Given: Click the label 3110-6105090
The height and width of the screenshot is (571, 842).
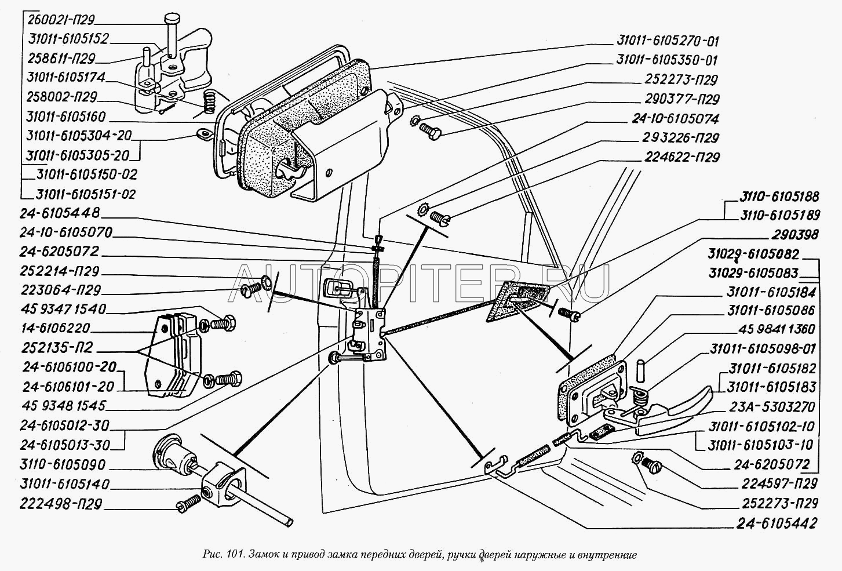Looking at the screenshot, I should coord(64,465).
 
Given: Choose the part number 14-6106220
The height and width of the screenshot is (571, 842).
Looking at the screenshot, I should coord(57,328).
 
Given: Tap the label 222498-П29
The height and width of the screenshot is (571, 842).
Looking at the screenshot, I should coord(61,504).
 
